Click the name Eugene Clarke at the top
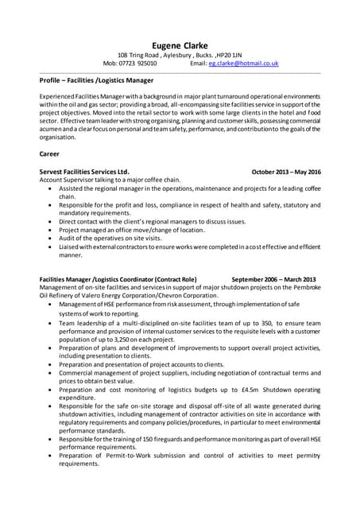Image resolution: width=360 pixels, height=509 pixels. (x=180, y=45)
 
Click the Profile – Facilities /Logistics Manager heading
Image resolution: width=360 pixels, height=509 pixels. (x=96, y=80)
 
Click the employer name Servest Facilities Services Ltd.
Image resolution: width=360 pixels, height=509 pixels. (x=83, y=172)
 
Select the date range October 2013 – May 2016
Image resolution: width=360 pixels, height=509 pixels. (x=286, y=172)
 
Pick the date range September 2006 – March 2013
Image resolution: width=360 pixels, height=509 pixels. (x=273, y=280)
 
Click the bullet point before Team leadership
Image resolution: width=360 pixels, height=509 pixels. (x=52, y=324)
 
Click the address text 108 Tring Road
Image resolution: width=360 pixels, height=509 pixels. (x=138, y=55)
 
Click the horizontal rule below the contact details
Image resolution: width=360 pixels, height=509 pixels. (x=180, y=72)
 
